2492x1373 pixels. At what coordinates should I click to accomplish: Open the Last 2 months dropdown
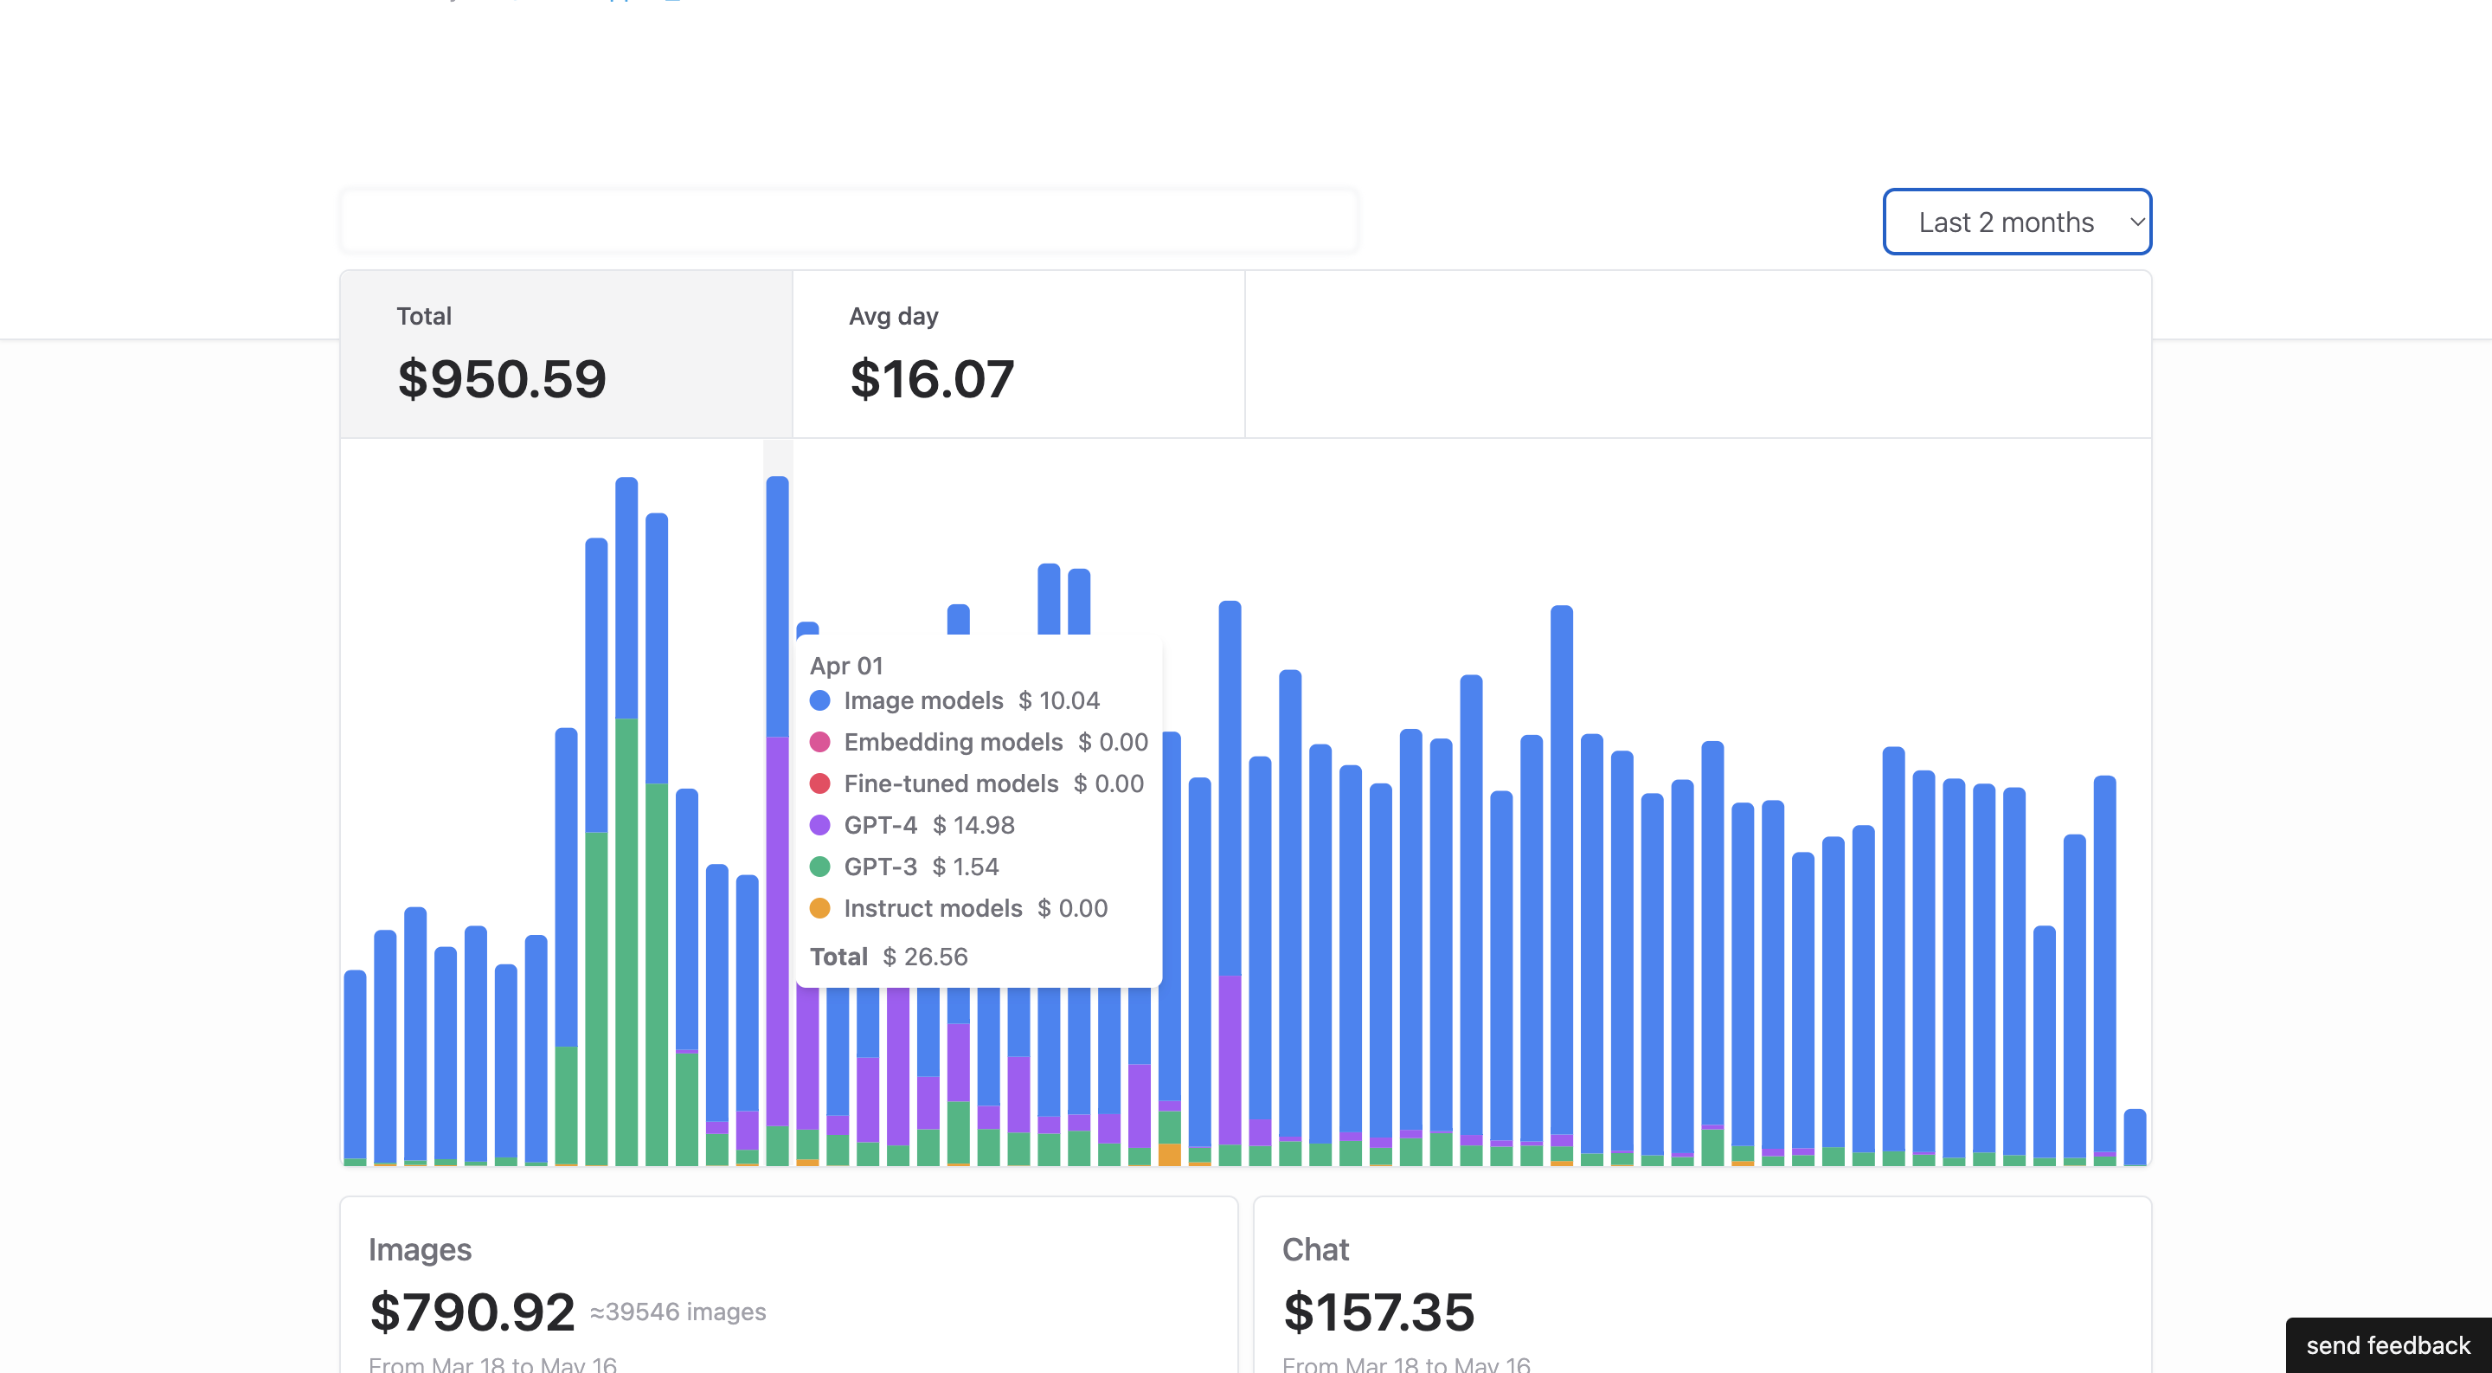[2016, 222]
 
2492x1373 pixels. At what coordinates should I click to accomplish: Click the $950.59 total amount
[501, 378]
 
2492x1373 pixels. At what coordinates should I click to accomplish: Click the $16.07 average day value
[932, 378]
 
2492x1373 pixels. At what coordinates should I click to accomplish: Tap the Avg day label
[893, 316]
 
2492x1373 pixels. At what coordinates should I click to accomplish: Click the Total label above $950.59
[424, 316]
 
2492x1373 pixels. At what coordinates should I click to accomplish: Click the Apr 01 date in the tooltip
[845, 666]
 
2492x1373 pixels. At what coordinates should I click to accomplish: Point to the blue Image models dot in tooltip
[819, 700]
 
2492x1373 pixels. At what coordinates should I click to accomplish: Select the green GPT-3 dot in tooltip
[819, 867]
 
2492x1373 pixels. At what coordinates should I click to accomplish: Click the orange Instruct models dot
[819, 909]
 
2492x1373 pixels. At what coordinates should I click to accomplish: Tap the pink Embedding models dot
[819, 742]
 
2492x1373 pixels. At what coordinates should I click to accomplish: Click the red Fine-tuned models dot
[819, 783]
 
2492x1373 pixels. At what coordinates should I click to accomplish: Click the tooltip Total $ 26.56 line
[888, 957]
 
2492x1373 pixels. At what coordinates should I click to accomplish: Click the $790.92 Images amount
[472, 1312]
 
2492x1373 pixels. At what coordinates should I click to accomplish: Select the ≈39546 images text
[678, 1312]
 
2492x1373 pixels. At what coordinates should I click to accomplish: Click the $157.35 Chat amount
[1378, 1312]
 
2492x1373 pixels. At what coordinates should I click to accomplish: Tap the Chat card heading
[1314, 1249]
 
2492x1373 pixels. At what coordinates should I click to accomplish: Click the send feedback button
[2386, 1345]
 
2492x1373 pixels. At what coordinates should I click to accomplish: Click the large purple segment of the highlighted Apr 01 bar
[777, 929]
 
